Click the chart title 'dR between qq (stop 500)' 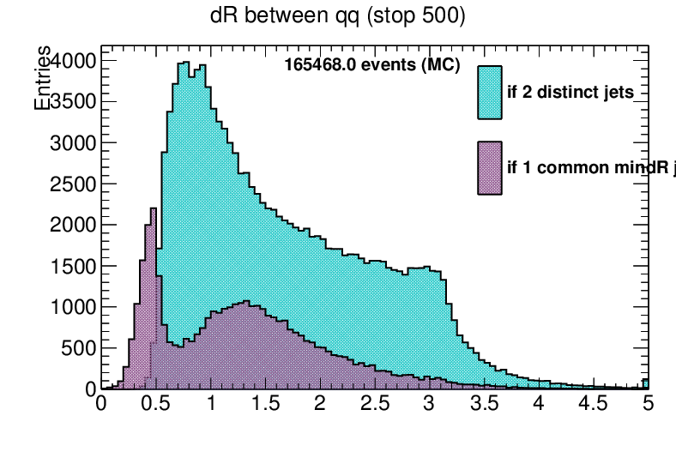pyautogui.click(x=338, y=16)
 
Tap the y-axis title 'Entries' pyautogui.click(x=42, y=78)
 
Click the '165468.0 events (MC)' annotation pyautogui.click(x=372, y=65)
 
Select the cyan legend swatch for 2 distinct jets pyautogui.click(x=490, y=92)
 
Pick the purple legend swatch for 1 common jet pyautogui.click(x=490, y=167)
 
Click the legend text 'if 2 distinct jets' pyautogui.click(x=570, y=93)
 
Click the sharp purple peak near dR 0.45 pyautogui.click(x=153, y=209)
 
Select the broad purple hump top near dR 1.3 pyautogui.click(x=246, y=302)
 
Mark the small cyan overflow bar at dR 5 pyautogui.click(x=646, y=383)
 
